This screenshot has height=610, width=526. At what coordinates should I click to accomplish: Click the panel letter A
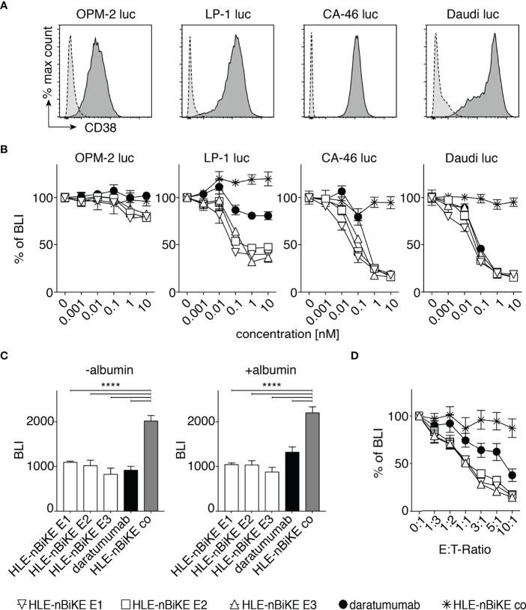coord(6,7)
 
